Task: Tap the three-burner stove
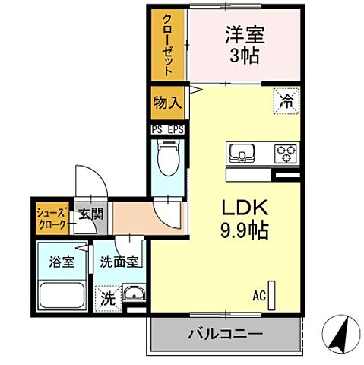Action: [x=286, y=153]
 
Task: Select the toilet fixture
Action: [x=166, y=159]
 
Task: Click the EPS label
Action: [x=175, y=129]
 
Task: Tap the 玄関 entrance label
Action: [x=90, y=214]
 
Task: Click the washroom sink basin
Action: [x=135, y=294]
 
